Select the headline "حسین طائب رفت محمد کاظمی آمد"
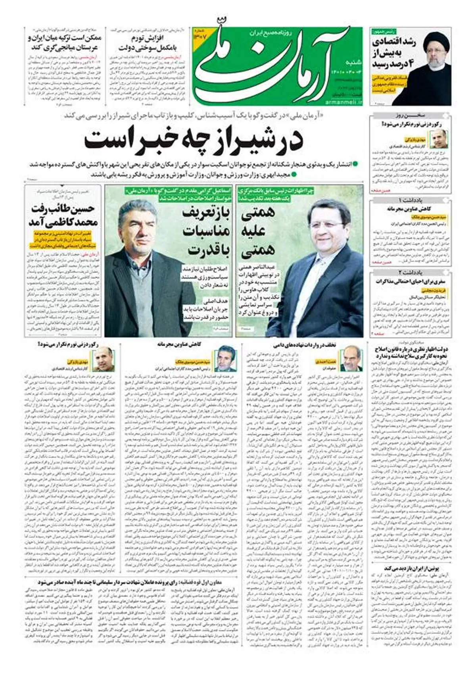63,216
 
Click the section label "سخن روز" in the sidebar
411,116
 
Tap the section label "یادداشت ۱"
411,200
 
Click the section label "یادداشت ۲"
411,273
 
